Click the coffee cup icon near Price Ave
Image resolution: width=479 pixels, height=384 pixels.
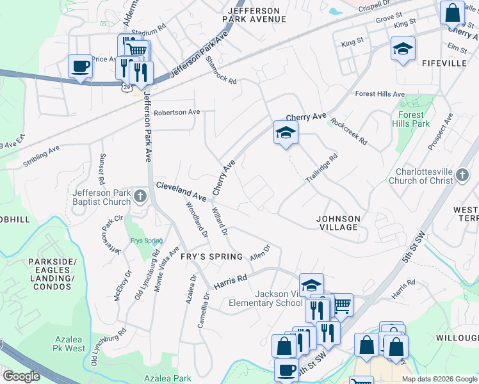[x=81, y=67]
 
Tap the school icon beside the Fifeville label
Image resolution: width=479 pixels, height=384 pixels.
[x=403, y=49]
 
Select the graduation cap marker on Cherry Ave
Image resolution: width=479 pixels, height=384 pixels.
[x=286, y=132]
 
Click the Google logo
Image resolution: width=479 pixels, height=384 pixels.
[x=20, y=376]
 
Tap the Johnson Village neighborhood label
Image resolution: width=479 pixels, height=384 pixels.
[x=338, y=223]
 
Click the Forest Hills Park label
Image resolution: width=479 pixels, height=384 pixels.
[x=410, y=120]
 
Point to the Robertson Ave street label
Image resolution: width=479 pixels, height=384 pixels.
[x=177, y=112]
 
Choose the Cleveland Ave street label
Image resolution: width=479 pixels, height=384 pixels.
[x=181, y=190]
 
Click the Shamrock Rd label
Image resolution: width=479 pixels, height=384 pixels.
[x=222, y=70]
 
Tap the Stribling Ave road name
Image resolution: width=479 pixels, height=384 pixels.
[x=41, y=156]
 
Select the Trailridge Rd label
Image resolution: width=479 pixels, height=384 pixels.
[x=321, y=168]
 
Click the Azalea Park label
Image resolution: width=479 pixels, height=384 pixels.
[x=168, y=378]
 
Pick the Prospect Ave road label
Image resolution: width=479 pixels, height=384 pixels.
[x=441, y=131]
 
